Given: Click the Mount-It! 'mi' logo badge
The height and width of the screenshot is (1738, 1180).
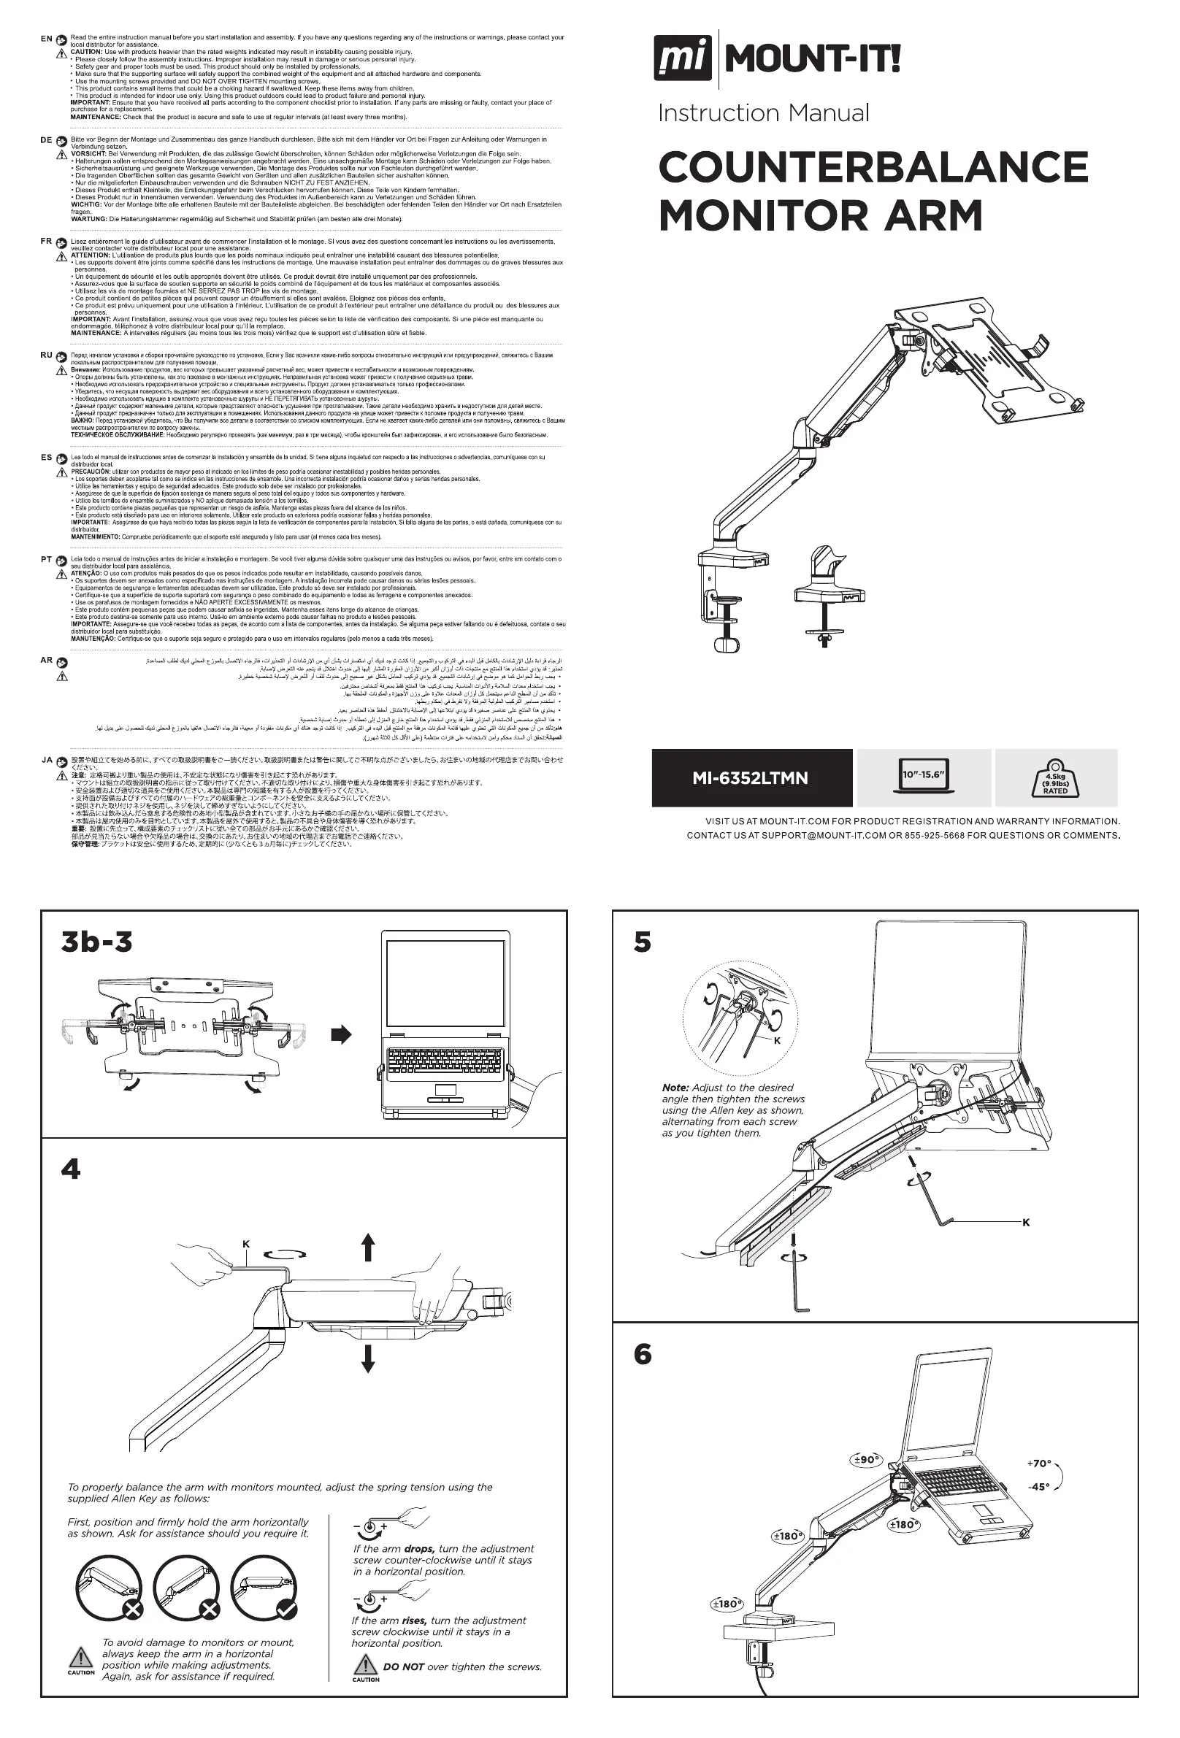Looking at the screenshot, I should coord(683,60).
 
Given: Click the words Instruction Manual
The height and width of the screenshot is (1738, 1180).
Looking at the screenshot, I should coord(763,114).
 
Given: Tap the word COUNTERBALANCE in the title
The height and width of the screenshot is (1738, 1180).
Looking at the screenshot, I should coord(873,166).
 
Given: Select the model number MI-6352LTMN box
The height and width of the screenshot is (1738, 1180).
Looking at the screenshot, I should coord(751,779).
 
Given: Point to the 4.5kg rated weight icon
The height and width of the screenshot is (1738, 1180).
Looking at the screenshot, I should coord(1055,778).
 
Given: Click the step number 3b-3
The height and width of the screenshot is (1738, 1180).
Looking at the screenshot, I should coord(97,942).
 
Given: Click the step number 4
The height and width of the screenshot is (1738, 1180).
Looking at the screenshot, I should coord(70,1169).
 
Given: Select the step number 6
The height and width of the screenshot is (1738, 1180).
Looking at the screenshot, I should coord(642,1354).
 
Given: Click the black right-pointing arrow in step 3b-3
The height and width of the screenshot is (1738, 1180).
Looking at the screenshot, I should coord(341,1035).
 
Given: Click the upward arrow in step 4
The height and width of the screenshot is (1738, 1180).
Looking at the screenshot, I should coord(367,1247).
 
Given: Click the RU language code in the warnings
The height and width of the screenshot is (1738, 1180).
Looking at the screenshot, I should coord(47,355).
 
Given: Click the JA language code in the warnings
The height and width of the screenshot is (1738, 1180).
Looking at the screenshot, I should coord(47,760).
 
